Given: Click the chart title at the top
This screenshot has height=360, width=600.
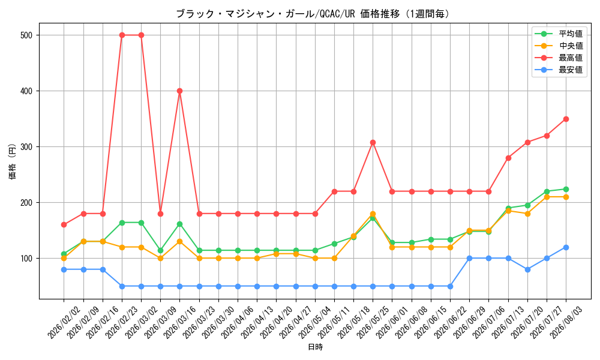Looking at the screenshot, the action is pos(313,14).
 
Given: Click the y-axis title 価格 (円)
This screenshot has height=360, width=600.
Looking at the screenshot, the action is pos(13,161).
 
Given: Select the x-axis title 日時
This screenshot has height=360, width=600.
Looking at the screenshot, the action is pos(316,347).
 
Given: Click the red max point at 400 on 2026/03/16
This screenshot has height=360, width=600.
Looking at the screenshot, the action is pos(180,91).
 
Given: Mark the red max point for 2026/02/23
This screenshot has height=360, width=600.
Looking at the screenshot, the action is pos(122,35).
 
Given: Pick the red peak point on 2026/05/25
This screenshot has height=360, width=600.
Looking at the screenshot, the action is pos(373,142).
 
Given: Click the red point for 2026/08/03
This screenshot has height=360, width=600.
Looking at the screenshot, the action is pos(566,119).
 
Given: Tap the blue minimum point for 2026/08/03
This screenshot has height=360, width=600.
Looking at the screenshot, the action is pos(566,248).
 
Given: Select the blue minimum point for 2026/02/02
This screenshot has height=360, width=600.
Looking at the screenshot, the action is pos(64,270).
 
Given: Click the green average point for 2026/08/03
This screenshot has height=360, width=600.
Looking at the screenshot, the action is pos(566,189).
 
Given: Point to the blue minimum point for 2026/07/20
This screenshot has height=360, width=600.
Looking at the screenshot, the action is pos(527,270).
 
